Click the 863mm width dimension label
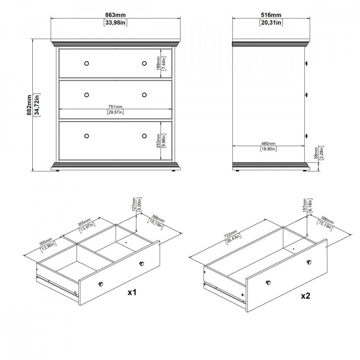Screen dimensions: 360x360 click(115, 15)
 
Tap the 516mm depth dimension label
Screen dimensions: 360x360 click(271, 15)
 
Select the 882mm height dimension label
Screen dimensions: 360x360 click(30, 105)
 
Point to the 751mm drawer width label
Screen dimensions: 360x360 click(115, 107)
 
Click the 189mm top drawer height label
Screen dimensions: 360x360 click(158, 63)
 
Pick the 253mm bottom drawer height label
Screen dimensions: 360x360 click(158, 141)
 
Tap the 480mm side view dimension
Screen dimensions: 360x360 click(269, 144)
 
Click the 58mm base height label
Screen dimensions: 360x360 click(316, 153)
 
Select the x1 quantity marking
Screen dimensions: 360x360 click(132, 292)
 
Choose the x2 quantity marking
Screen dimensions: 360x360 click(306, 296)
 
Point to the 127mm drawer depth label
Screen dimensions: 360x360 click(134, 204)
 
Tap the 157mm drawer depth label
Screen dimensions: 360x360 click(305, 206)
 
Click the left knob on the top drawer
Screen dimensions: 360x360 click(86, 63)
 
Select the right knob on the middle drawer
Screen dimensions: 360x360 click(144, 95)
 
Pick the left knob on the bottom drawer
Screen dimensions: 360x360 click(86, 136)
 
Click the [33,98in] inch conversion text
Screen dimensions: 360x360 click(116, 22)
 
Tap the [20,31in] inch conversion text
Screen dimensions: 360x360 click(271, 22)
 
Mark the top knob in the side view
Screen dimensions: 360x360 click(306, 63)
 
